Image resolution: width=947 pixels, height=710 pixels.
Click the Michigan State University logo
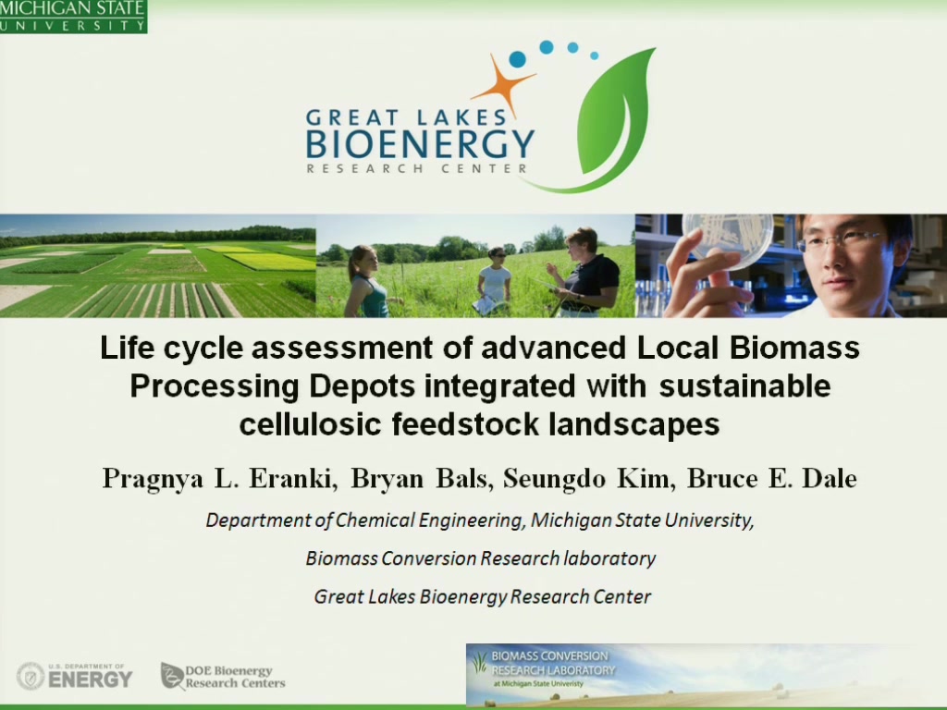73,17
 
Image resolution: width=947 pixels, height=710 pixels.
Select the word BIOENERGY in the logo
420,143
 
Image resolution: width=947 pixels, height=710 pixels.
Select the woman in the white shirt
495,281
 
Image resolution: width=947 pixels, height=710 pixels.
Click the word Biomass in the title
794,348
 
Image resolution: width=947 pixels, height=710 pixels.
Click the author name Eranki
292,479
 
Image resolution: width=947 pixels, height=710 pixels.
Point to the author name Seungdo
555,480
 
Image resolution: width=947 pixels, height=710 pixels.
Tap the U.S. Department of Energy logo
74,676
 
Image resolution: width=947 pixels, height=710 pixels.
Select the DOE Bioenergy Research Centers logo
223,676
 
